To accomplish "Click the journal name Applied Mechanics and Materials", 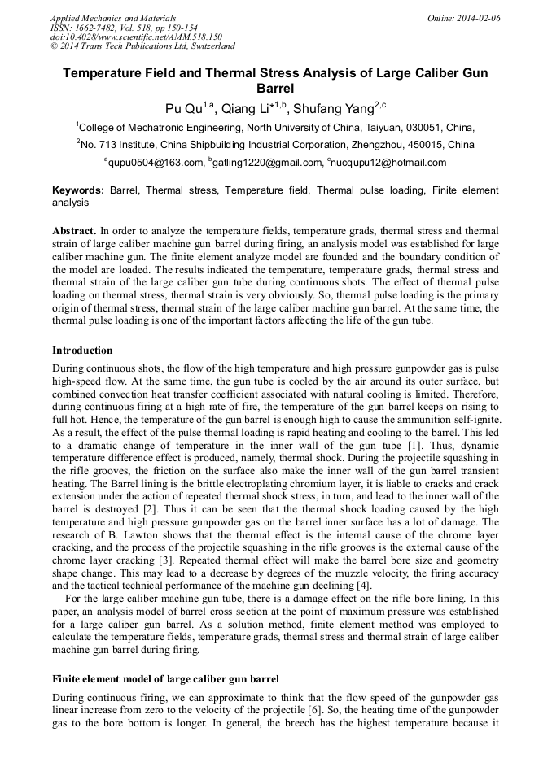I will coord(112,18).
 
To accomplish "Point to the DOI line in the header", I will coord(136,37).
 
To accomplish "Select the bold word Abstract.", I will coord(74,231).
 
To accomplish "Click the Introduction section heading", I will coord(82,351).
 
